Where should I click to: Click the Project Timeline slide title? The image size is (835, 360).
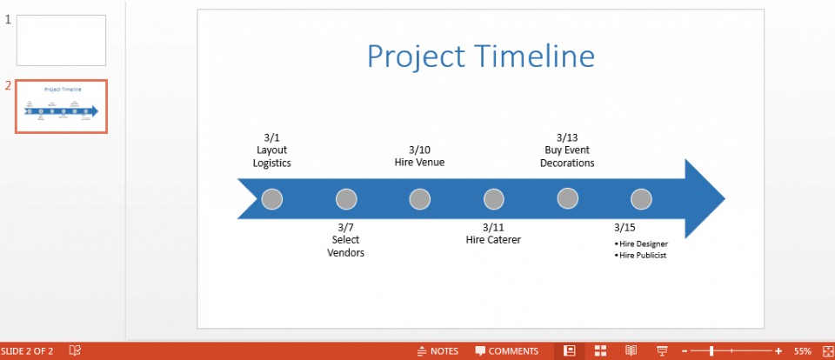tap(480, 57)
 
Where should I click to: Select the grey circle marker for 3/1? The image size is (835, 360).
tap(272, 199)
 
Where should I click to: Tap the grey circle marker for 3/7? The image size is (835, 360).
tap(346, 199)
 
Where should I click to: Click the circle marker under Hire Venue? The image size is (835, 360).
tap(420, 199)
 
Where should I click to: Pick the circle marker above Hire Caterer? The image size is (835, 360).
tap(493, 199)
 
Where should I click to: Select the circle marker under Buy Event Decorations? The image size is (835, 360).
tap(567, 199)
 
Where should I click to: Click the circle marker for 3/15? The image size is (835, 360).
tap(641, 199)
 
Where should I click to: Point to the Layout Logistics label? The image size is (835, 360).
tap(272, 157)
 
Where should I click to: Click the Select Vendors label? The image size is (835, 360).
tap(345, 246)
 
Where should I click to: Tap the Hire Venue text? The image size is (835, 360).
tap(419, 163)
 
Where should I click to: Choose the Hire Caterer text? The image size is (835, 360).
tap(493, 240)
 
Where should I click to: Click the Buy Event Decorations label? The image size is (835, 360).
tap(567, 157)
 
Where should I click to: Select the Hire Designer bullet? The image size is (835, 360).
tap(643, 243)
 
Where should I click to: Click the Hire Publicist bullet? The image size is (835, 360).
tap(643, 256)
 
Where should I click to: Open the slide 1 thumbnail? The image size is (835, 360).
tap(61, 40)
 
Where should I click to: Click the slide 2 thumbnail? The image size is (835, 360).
tap(61, 107)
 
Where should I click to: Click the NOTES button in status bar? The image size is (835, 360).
tap(438, 351)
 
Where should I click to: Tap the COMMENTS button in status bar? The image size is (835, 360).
tap(506, 351)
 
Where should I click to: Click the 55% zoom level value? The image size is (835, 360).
tap(802, 351)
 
